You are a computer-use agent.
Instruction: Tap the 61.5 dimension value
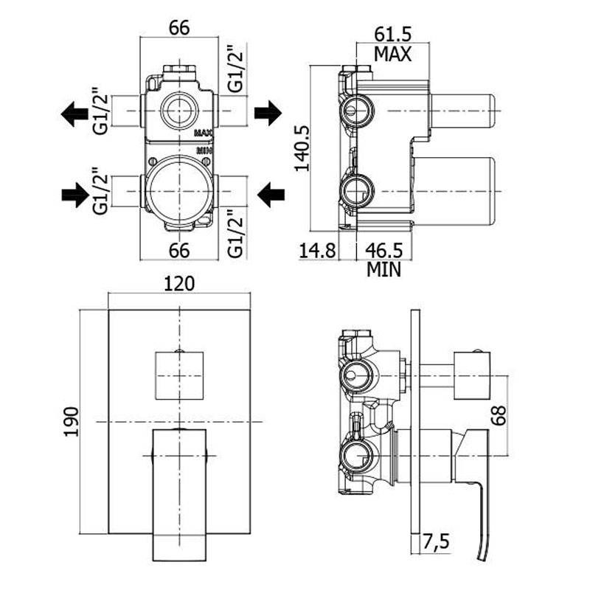coord(392,34)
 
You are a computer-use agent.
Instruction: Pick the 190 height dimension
coord(72,421)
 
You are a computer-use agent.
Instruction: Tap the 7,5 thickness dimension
coord(437,545)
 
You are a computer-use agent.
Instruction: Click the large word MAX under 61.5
coord(392,53)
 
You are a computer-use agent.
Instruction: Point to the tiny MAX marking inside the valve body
coord(204,134)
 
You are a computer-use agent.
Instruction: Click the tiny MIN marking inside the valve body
coord(204,150)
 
